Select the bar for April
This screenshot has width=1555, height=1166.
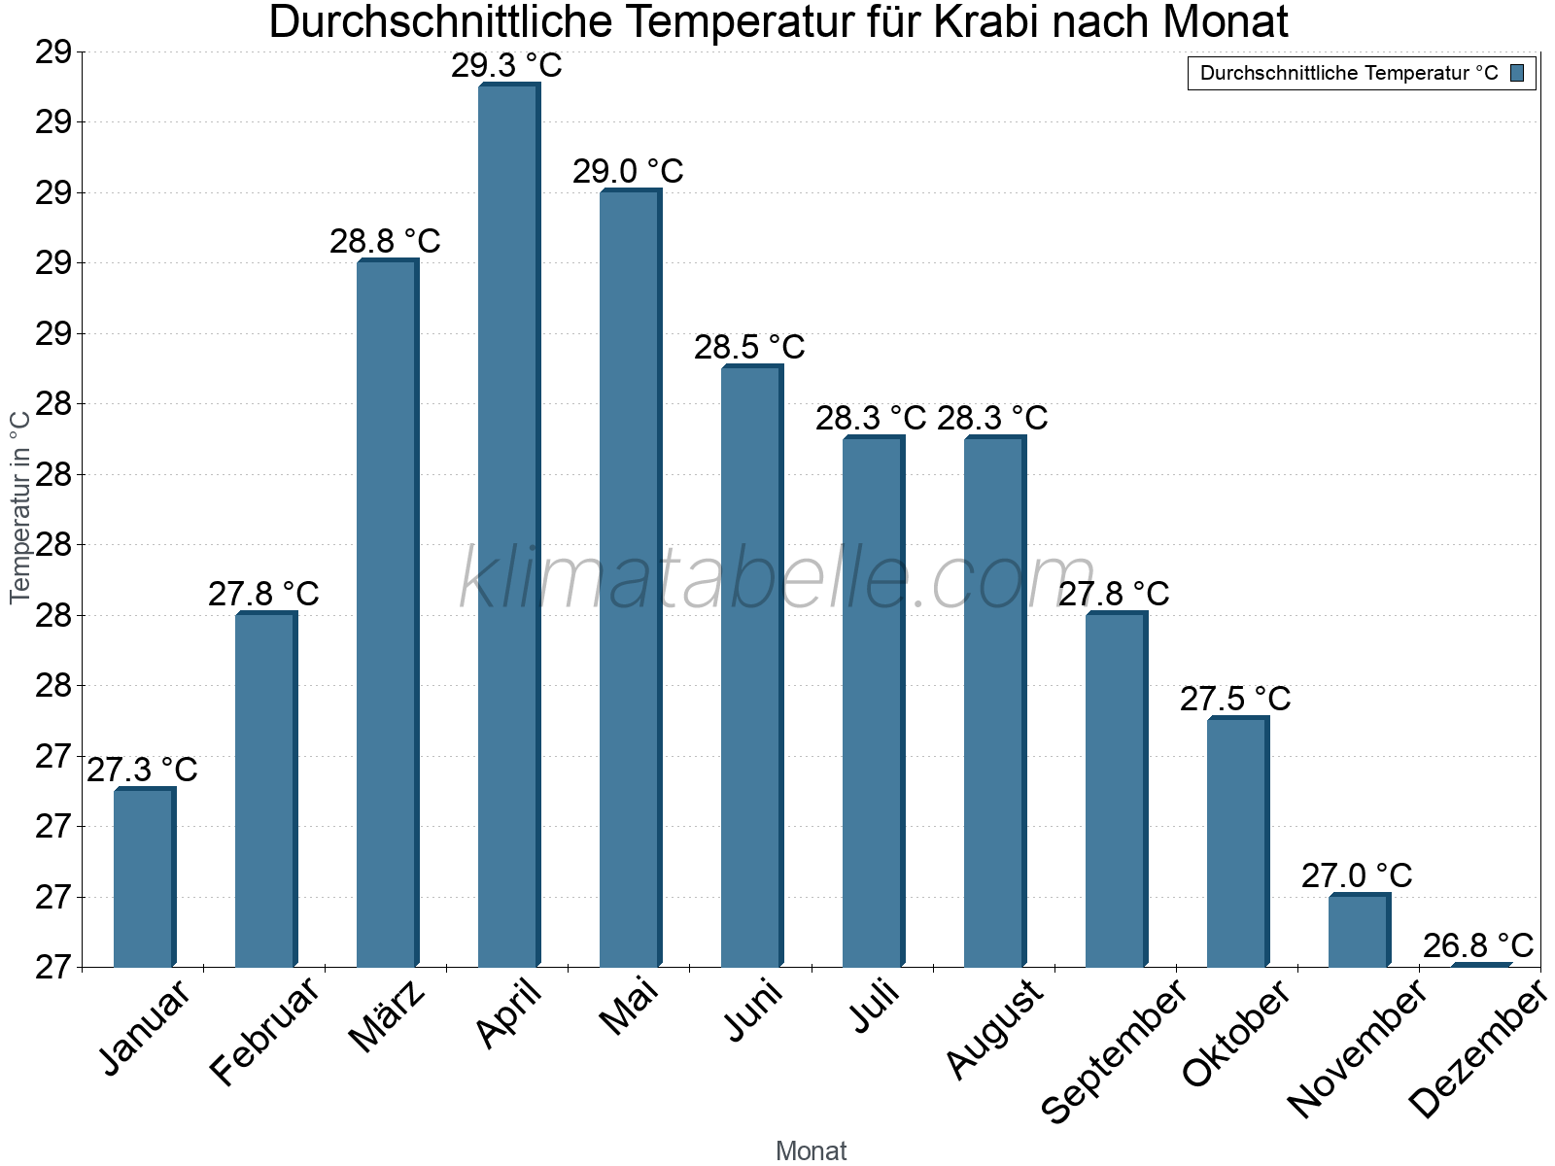point(508,526)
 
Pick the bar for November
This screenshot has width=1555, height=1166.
point(1359,930)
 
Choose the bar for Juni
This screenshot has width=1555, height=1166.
point(751,667)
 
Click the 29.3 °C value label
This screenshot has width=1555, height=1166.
point(506,66)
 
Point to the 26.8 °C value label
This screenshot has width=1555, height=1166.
point(1478,945)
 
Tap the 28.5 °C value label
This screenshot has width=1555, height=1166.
point(749,347)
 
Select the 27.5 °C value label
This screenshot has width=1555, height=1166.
point(1235,699)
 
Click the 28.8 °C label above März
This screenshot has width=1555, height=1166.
point(385,241)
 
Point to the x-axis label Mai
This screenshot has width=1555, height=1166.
point(629,1007)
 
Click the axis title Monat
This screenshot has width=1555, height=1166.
point(811,1151)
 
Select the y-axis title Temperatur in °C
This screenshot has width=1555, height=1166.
point(20,506)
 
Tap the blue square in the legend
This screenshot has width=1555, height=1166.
point(1517,73)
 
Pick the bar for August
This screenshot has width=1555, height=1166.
point(994,702)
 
